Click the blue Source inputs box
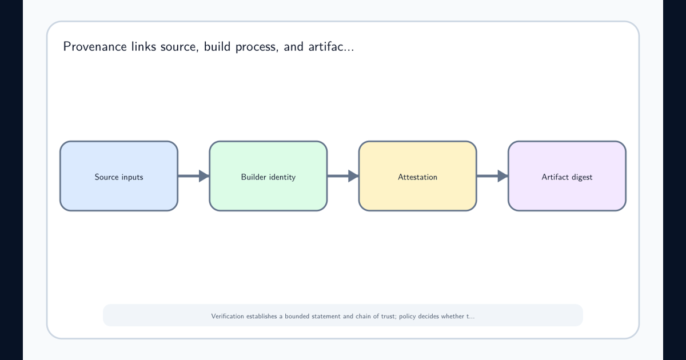pyautogui.click(x=119, y=176)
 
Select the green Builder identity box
pyautogui.click(x=268, y=176)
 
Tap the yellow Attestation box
pyautogui.click(x=418, y=176)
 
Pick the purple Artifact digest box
pyautogui.click(x=567, y=176)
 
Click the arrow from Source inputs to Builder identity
pyautogui.click(x=194, y=176)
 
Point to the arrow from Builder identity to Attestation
pyautogui.click(x=343, y=176)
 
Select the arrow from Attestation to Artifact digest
pyautogui.click(x=492, y=176)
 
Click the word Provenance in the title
pyautogui.click(x=95, y=46)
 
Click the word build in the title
pyautogui.click(x=217, y=46)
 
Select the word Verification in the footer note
pyautogui.click(x=228, y=316)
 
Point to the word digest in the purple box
pyautogui.click(x=581, y=177)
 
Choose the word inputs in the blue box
pyautogui.click(x=132, y=177)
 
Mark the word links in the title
pyautogui.click(x=143, y=46)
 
